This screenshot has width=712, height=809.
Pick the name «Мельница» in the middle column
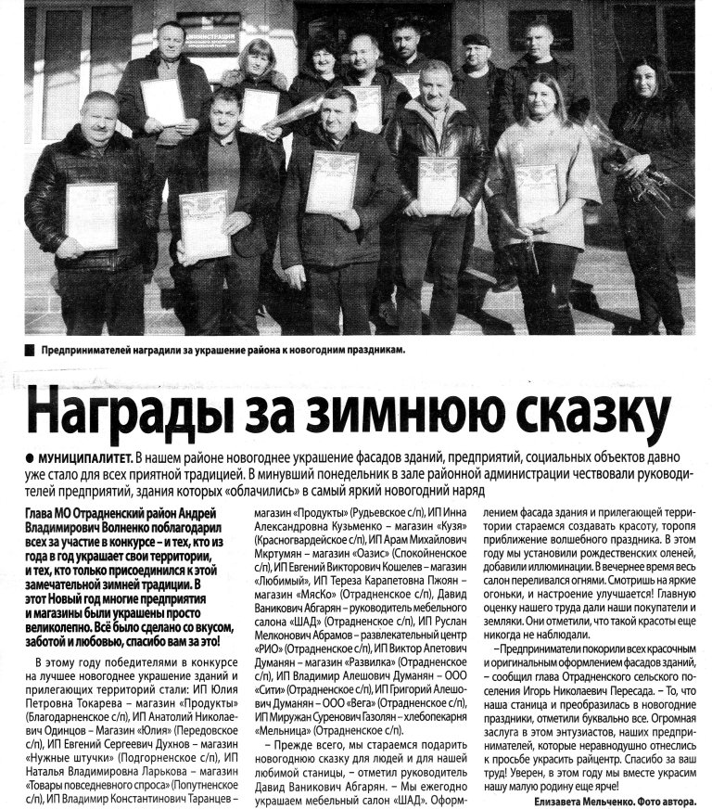coord(285,732)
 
